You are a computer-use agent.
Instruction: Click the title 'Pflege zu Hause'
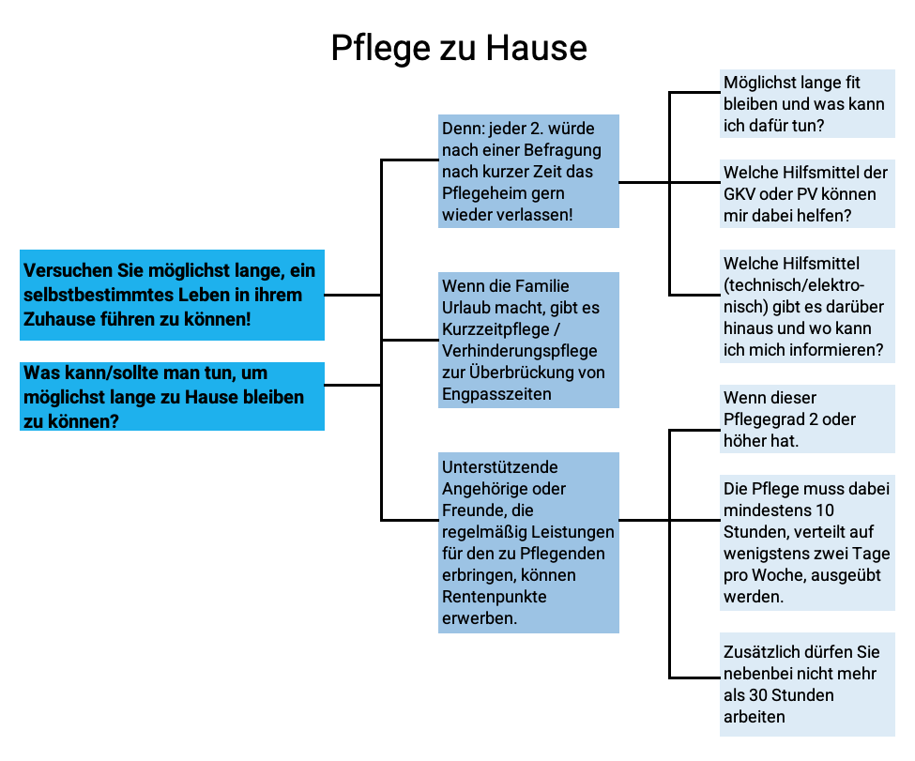coord(458,48)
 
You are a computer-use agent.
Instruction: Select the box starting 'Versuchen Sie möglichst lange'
coord(172,295)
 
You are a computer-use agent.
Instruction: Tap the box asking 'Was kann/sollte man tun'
coord(172,396)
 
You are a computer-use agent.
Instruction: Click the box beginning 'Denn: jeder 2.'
coord(529,171)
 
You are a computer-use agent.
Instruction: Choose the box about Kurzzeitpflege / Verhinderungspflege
coord(529,340)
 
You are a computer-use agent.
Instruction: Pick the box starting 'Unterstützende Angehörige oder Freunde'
coord(529,542)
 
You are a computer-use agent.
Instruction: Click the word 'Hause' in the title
coord(543,48)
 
